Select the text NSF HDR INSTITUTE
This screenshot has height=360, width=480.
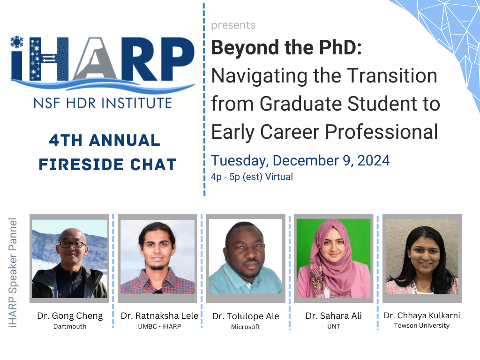tap(99, 102)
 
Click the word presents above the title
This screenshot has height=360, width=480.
tap(233, 25)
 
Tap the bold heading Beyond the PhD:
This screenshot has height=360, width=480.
tap(286, 48)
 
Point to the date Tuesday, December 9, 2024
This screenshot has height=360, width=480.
tap(300, 160)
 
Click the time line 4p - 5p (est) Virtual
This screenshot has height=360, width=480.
tap(252, 177)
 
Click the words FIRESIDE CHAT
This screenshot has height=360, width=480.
tap(107, 164)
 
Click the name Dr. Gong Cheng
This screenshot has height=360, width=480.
tap(70, 316)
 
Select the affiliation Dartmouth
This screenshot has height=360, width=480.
tap(70, 326)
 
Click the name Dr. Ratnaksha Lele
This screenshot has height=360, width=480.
tap(159, 316)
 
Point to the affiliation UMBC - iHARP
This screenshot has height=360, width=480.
tap(159, 326)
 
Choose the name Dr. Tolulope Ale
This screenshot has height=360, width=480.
tap(246, 316)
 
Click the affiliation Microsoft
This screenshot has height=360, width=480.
tap(246, 327)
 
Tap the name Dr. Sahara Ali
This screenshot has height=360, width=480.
tap(333, 316)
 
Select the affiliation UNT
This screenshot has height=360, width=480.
tap(333, 326)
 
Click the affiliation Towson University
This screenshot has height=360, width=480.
tap(421, 325)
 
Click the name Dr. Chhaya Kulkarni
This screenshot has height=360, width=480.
tap(421, 315)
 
